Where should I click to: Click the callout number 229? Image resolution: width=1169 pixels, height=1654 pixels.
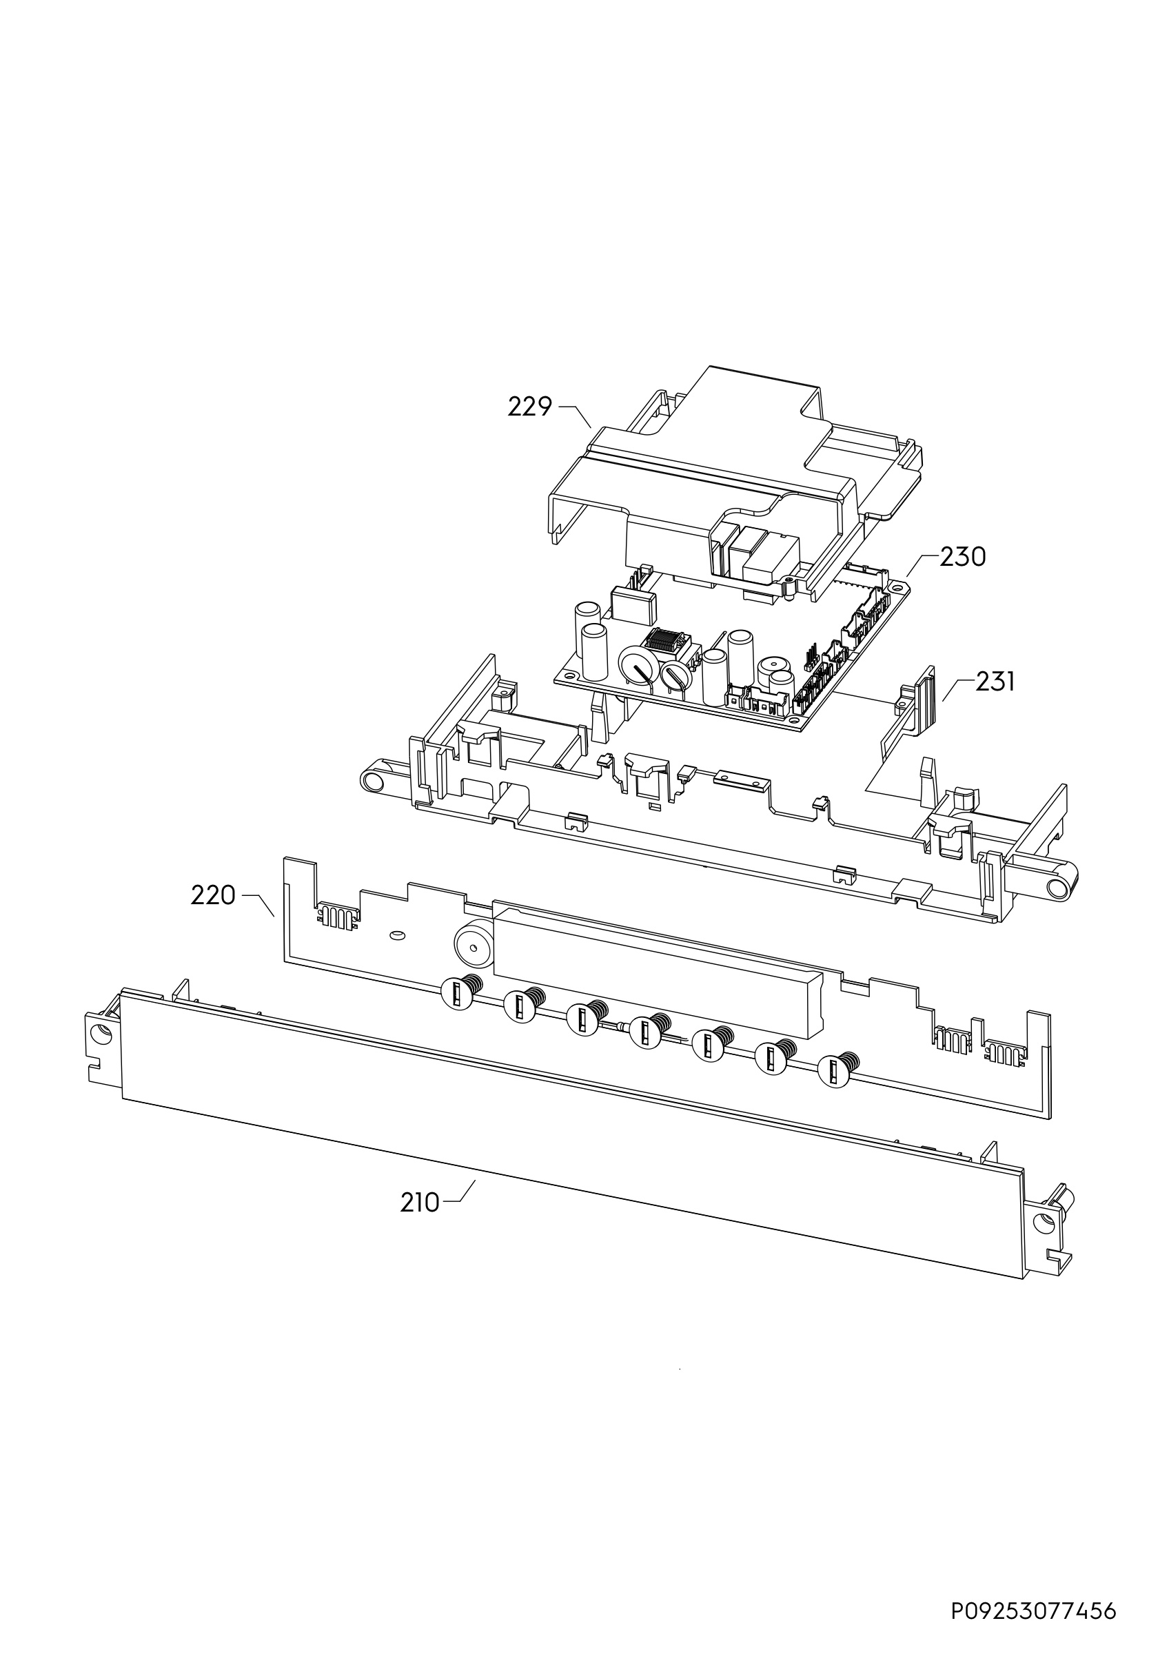pos(529,408)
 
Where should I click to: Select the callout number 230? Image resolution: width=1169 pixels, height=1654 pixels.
pos(963,557)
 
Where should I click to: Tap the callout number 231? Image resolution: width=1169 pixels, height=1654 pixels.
pos(995,682)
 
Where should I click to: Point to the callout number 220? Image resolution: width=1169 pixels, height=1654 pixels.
pos(213,895)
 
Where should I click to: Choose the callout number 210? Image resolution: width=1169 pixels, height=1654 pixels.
pos(420,1203)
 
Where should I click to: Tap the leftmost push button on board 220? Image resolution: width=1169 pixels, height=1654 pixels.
pos(459,995)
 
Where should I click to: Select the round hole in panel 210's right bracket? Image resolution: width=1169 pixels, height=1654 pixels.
pos(1042,1223)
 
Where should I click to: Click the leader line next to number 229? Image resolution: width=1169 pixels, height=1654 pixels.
pos(576,416)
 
